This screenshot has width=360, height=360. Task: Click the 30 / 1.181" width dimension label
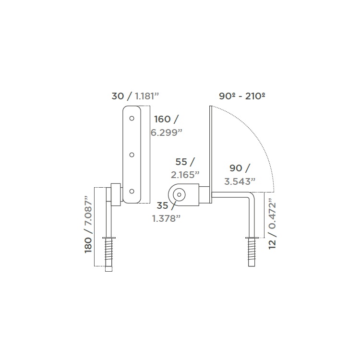tap(135, 96)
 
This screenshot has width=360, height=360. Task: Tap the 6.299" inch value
tap(167, 132)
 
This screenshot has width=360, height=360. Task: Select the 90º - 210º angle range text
tap(242, 96)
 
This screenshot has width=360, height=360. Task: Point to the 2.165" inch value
tap(185, 175)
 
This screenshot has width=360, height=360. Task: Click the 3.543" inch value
tap(240, 181)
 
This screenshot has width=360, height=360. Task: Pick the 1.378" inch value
tap(166, 218)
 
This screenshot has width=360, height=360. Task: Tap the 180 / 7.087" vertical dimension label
tap(88, 225)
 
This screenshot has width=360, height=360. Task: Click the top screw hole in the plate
tap(132, 119)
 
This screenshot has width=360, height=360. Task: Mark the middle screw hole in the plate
tap(132, 155)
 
